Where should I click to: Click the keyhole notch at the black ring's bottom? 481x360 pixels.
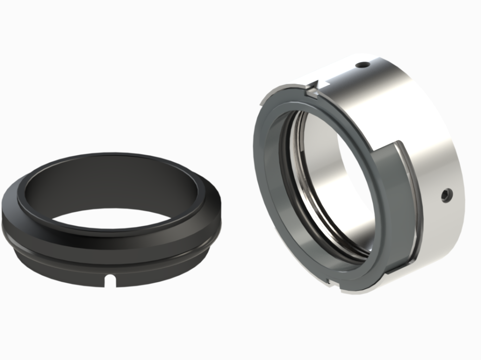coord(111,278)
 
